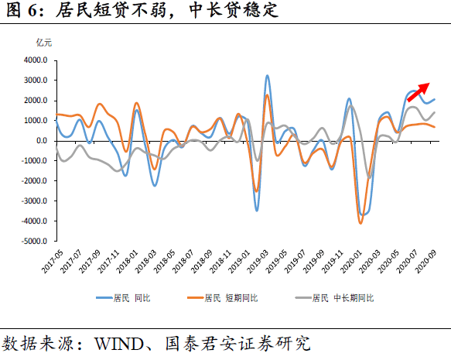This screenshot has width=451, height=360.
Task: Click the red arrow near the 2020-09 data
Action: point(419,91)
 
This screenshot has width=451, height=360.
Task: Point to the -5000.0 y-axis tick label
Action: point(34,242)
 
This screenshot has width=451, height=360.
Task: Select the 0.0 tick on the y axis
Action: point(42,141)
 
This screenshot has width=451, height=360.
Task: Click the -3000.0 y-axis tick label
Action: point(34,201)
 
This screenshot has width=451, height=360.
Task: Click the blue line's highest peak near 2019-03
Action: point(267,76)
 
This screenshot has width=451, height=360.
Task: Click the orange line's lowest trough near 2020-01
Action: point(360,223)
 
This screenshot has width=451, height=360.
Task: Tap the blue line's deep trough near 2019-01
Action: point(258,210)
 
